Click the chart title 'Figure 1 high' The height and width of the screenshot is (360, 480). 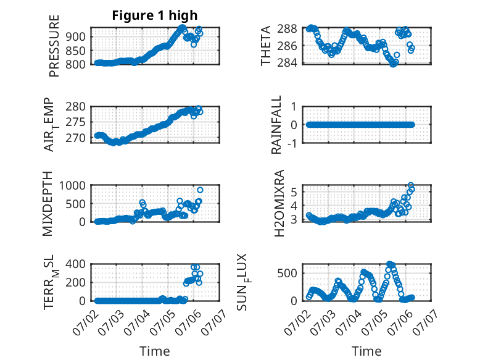pos(155,15)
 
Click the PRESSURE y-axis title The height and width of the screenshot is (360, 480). pos(54,46)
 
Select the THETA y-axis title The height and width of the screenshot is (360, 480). pos(266,46)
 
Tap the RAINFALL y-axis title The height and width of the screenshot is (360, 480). pos(276,124)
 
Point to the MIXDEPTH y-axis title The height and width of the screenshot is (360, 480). pos(48,203)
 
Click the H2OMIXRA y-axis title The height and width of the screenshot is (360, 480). pos(279,203)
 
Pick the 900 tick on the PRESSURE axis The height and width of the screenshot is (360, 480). pos(76,37)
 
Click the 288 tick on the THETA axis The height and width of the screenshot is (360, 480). pos(287,29)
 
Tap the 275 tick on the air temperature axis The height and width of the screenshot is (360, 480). pos(76,122)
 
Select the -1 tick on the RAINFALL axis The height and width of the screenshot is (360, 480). pos(292,143)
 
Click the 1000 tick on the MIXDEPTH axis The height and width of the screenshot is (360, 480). pos(72,186)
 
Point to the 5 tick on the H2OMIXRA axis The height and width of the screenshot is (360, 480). pos(294,193)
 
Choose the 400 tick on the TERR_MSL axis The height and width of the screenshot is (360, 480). pos(76,264)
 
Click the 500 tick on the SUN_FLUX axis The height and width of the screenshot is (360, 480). pos(287,274)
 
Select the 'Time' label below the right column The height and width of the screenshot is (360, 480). pos(366,351)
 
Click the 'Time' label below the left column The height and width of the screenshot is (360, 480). pos(155,351)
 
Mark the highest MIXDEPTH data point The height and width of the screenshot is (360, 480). pos(200,190)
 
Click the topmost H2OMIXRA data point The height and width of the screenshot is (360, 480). pos(411,185)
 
